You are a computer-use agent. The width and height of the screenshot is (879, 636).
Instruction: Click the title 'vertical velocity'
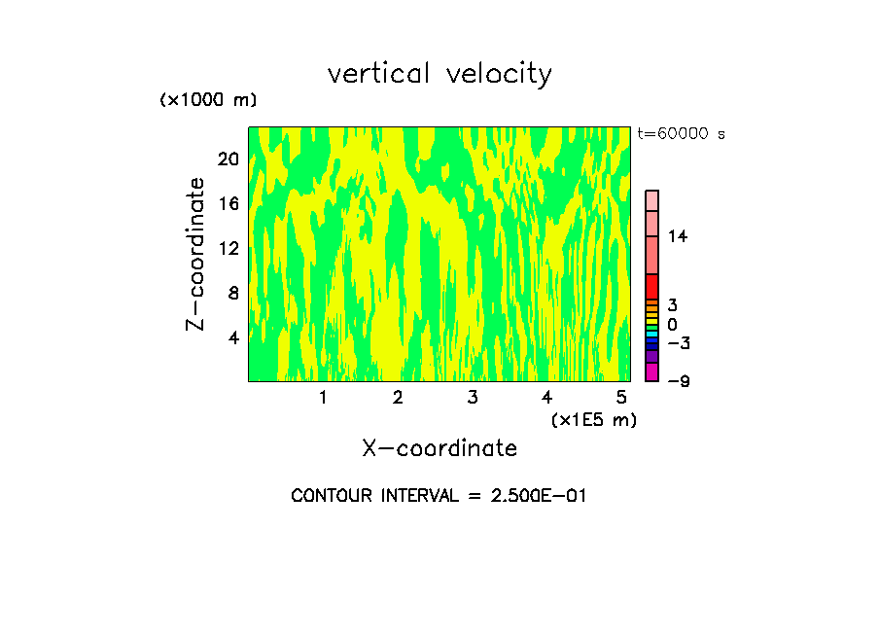[x=439, y=74]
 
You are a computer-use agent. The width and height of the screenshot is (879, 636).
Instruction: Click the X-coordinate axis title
[x=439, y=448]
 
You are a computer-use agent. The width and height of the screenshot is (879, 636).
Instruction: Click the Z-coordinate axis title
[x=196, y=254]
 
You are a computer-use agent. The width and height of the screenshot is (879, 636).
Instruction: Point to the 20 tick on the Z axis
[x=229, y=159]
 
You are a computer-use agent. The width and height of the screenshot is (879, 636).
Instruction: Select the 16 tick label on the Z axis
[x=229, y=204]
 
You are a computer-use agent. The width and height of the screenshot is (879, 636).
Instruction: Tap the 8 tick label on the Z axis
[x=232, y=293]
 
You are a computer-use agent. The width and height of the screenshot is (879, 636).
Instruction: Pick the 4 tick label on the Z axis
[x=232, y=338]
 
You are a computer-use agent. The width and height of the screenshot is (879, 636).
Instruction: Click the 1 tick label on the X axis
[x=323, y=397]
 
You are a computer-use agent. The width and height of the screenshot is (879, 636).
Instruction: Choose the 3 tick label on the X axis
[x=472, y=397]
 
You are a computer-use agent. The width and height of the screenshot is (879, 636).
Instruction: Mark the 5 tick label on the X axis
[x=621, y=397]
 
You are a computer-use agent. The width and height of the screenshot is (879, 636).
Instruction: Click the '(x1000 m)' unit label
[x=208, y=100]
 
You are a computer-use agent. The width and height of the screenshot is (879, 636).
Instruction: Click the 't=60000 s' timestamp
[x=681, y=134]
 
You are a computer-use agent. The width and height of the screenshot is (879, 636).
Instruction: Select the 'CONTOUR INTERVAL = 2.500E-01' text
[x=439, y=496]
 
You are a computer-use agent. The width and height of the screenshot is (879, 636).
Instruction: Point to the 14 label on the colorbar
[x=678, y=236]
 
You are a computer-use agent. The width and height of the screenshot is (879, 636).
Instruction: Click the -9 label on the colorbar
[x=678, y=381]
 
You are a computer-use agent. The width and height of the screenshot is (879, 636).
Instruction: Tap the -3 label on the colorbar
[x=678, y=343]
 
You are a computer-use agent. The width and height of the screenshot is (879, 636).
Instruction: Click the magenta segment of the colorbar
[x=651, y=372]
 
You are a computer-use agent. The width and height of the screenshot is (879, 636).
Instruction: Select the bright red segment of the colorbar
[x=651, y=287]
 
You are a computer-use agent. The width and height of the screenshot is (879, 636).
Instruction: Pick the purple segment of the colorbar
[x=651, y=357]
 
